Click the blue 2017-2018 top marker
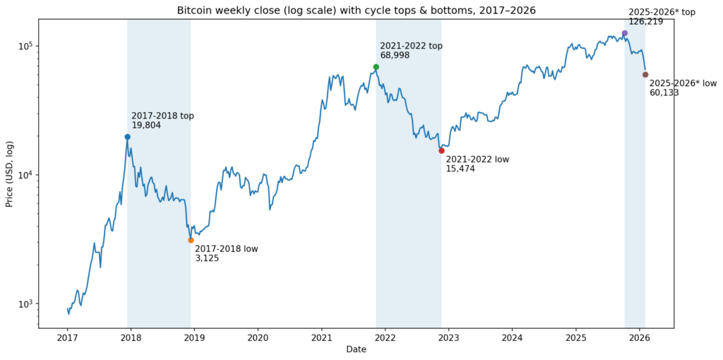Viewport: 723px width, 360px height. point(127,137)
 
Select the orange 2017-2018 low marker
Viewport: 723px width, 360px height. point(191,240)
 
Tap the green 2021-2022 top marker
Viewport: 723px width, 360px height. point(376,67)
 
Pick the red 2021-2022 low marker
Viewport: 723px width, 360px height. point(441,150)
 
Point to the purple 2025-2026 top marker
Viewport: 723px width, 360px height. point(625,33)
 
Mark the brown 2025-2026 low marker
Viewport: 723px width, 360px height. point(645,74)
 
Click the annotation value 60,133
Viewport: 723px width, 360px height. point(664,92)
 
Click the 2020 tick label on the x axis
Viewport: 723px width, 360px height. point(258,339)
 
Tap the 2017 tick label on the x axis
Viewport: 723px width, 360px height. point(68,339)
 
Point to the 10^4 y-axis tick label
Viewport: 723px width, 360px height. point(25,175)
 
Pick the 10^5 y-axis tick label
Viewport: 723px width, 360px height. point(25,46)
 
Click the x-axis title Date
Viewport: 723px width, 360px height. point(356,350)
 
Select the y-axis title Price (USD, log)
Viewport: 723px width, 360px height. point(10,174)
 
